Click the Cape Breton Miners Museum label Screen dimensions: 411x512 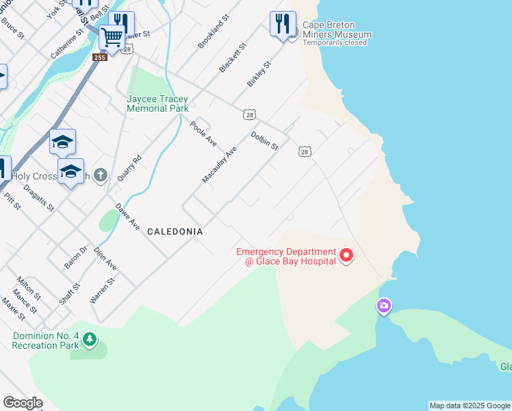tap(337, 30)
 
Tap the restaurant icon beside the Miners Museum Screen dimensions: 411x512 tap(283, 24)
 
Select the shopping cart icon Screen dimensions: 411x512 tap(112, 36)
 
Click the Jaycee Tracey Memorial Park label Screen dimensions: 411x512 tap(157, 103)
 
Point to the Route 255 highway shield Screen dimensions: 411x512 tap(100, 58)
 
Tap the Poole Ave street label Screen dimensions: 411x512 tap(203, 134)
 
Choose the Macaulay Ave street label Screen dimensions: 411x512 tap(219, 164)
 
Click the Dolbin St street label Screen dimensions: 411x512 tap(264, 141)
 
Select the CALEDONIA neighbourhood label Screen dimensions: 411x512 tap(175, 232)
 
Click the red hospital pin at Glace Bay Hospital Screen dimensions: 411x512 tap(346, 256)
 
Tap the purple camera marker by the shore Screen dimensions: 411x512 tap(384, 306)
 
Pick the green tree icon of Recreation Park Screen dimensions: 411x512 tap(89, 339)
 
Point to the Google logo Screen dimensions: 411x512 tap(23, 403)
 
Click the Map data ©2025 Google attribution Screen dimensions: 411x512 tap(470, 406)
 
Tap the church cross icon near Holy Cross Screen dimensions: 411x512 tap(101, 175)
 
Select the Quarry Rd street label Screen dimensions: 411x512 tap(129, 167)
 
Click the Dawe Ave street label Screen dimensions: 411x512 tap(127, 216)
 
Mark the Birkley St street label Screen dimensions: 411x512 tap(259, 73)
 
